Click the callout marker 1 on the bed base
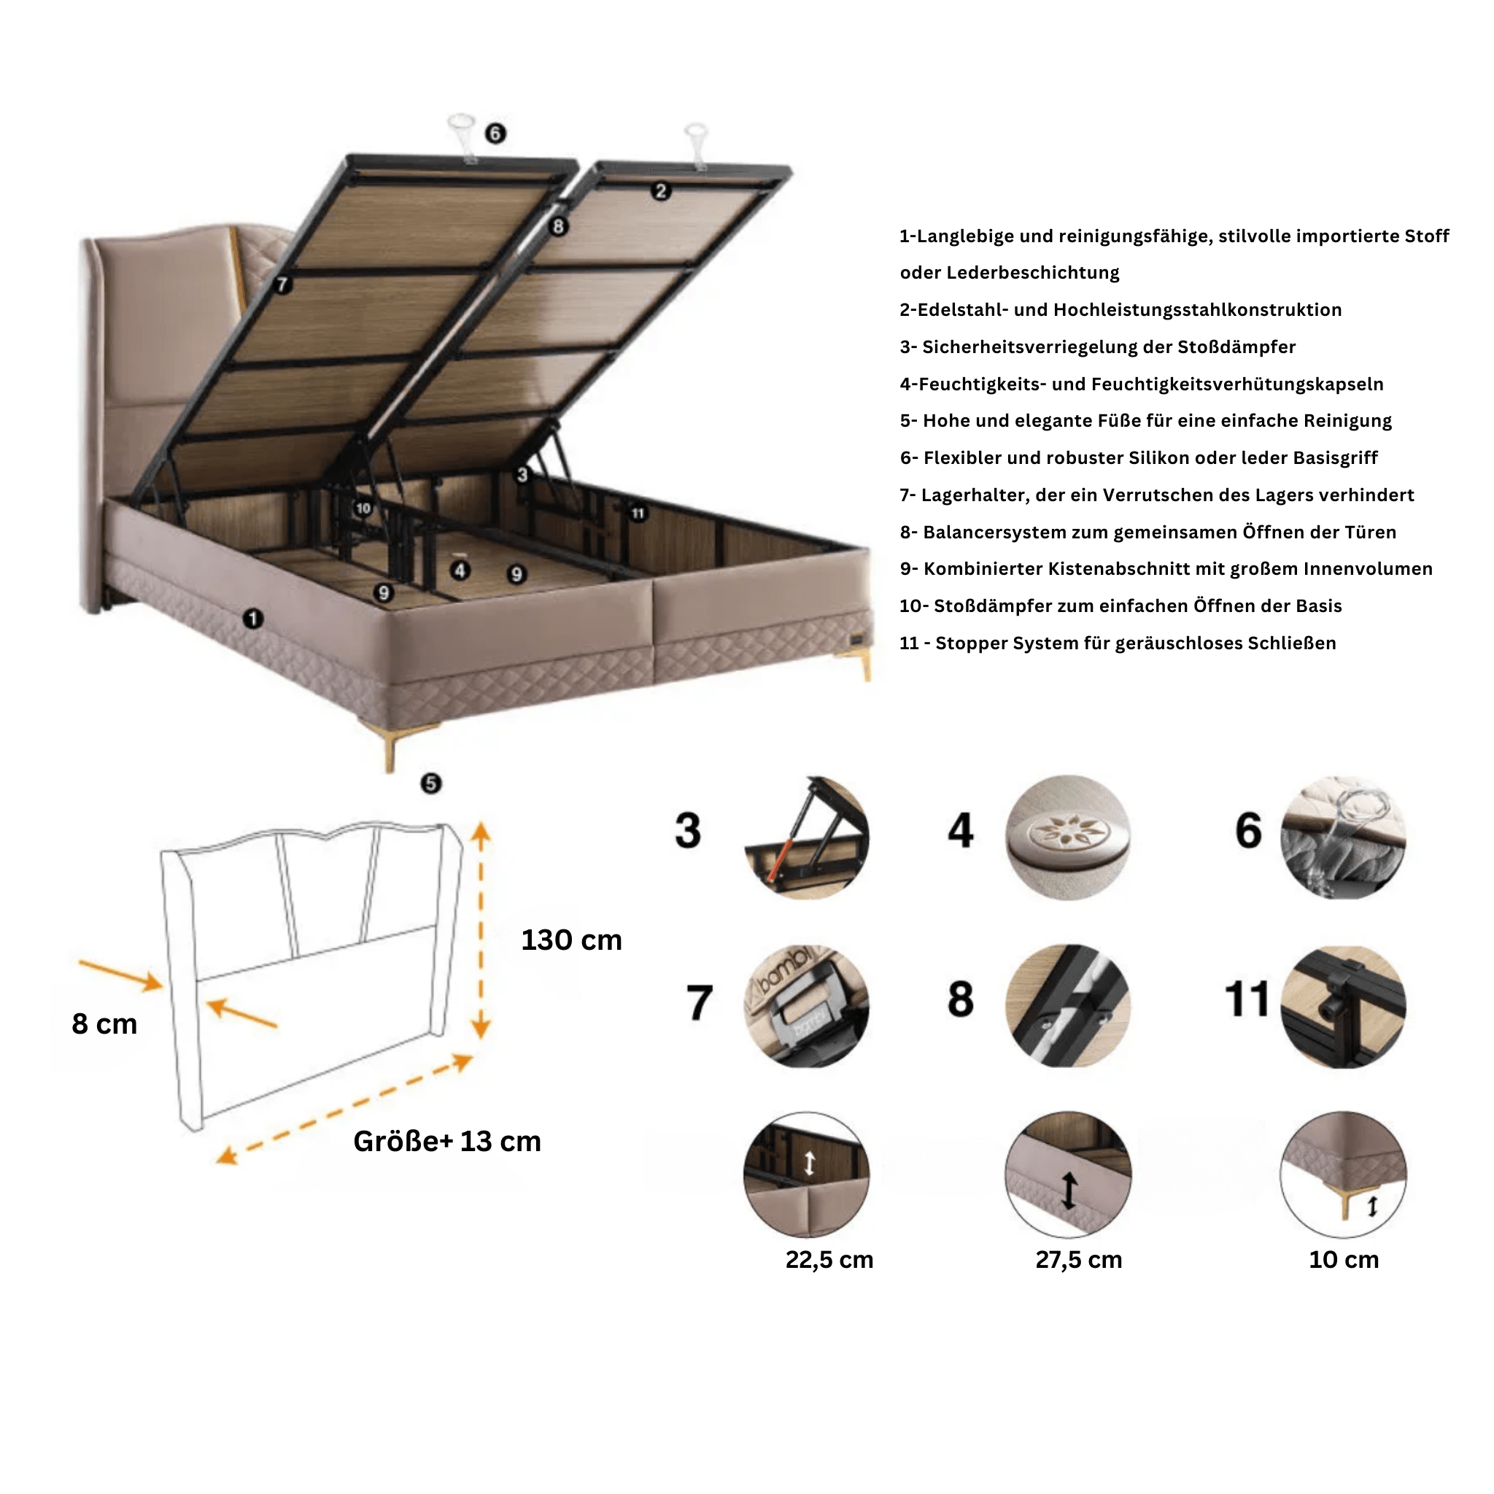[x=253, y=619]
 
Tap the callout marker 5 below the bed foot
[x=430, y=783]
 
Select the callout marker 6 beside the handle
[x=495, y=133]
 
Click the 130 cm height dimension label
[x=570, y=940]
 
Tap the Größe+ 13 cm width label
[x=447, y=1142]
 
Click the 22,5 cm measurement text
[x=829, y=1260]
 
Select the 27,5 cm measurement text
[x=1079, y=1260]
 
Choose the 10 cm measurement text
[x=1343, y=1260]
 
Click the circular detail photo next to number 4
[x=1067, y=837]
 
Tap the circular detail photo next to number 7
[x=807, y=1005]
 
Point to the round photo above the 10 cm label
[x=1343, y=1174]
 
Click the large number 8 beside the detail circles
[x=961, y=999]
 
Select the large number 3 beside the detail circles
[x=687, y=830]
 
